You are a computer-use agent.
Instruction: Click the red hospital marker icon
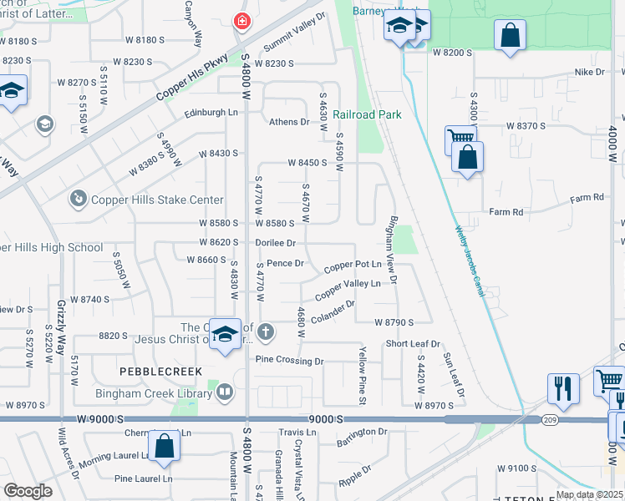click(241, 21)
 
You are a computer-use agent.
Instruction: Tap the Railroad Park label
click(367, 114)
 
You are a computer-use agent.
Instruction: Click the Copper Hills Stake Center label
click(158, 200)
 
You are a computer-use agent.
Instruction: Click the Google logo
click(28, 490)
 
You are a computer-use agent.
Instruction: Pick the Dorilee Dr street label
click(276, 243)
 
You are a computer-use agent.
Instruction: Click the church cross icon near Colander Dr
click(266, 332)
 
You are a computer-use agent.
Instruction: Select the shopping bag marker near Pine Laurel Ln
click(164, 448)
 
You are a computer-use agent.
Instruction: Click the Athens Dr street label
click(289, 122)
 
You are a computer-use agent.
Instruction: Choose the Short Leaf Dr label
click(412, 344)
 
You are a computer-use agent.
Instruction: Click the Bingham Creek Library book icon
click(225, 391)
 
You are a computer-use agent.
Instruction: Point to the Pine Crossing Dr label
click(289, 361)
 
